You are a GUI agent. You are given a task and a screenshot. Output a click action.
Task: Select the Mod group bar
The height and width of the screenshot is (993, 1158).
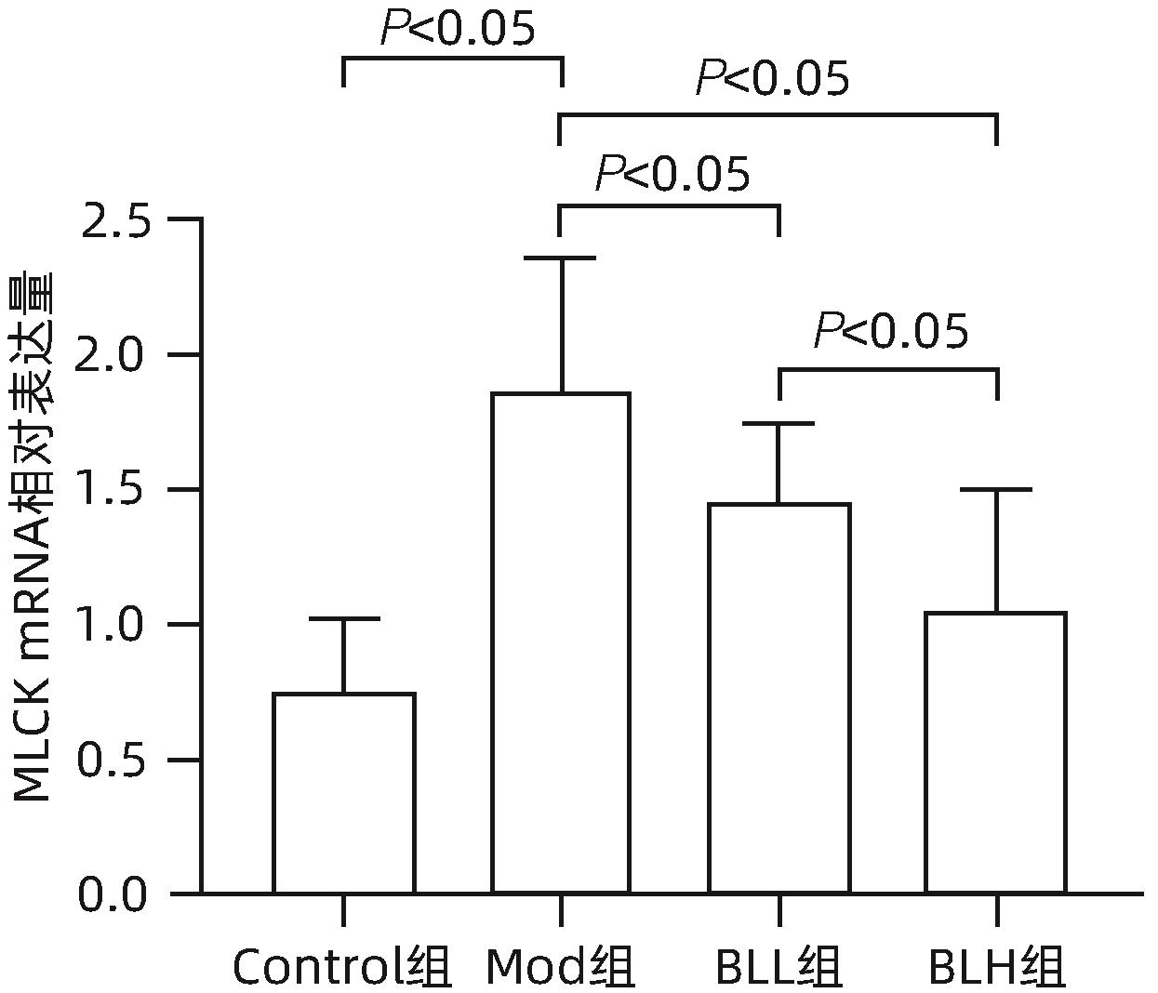tap(561, 642)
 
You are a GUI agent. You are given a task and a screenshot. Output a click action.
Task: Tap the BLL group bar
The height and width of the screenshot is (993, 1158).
tap(779, 697)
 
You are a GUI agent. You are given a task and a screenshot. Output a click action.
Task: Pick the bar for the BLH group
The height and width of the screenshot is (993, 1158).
tap(996, 752)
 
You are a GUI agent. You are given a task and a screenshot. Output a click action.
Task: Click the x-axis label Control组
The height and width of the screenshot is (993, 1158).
tap(341, 968)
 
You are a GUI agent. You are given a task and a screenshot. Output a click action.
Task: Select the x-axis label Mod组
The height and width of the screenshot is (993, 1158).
tap(561, 968)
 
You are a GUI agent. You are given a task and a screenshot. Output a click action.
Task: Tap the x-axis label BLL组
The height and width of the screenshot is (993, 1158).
tap(779, 968)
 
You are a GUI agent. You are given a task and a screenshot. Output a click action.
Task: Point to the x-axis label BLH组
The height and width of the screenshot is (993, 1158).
tap(996, 968)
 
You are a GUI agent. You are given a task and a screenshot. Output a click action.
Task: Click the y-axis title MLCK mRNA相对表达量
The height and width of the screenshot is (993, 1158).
tap(33, 536)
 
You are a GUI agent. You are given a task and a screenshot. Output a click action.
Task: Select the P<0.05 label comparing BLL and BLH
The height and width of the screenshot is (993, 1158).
tap(890, 330)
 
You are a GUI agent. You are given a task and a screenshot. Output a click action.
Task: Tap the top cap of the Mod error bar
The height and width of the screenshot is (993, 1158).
tap(561, 258)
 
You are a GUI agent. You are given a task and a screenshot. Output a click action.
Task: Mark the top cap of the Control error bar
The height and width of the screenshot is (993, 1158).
tap(343, 618)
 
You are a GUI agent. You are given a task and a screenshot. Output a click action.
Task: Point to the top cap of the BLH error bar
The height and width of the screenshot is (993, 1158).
tap(996, 489)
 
